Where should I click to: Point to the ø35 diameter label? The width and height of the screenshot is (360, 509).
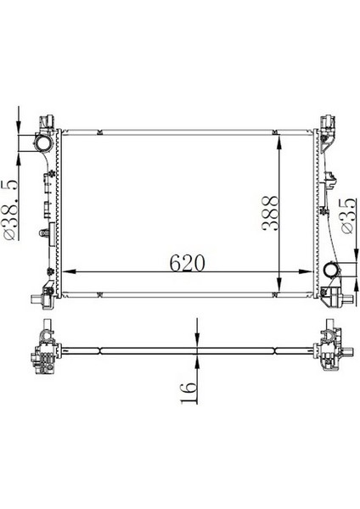tap(347, 216)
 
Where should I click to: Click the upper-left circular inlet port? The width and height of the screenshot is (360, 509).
tap(41, 146)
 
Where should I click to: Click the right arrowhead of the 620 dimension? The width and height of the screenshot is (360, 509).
tap(311, 271)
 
